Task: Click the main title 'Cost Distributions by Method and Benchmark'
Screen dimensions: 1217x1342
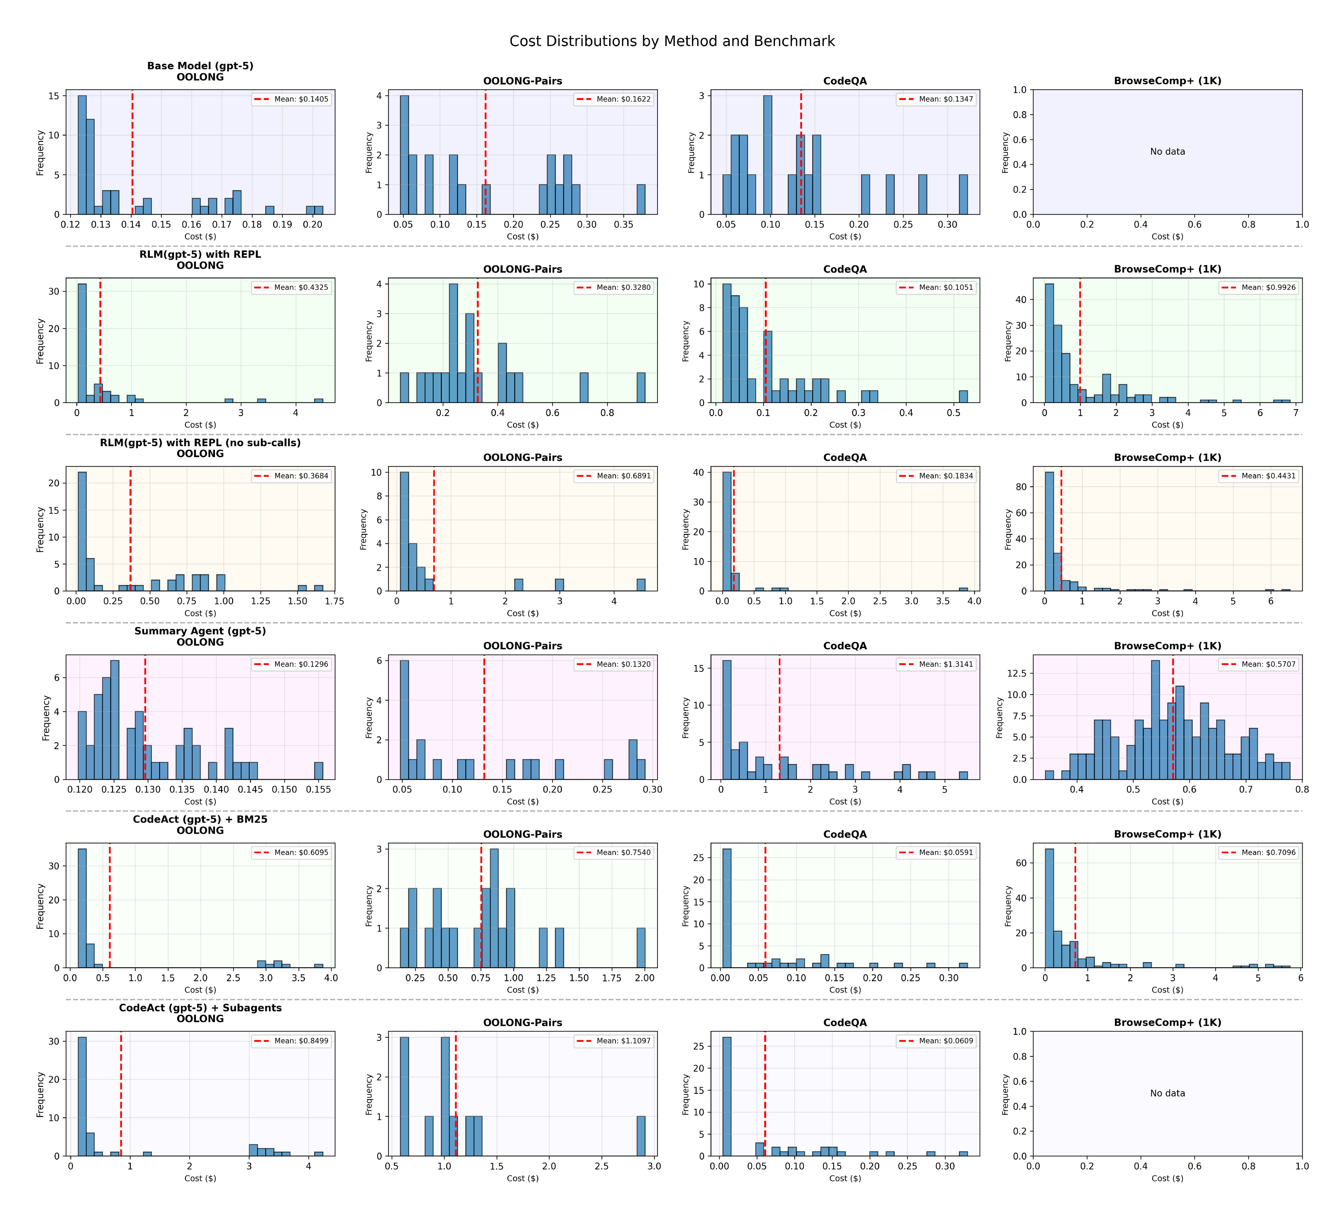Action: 672,41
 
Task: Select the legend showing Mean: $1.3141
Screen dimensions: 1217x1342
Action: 937,664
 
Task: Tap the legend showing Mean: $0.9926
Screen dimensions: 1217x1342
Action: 1259,287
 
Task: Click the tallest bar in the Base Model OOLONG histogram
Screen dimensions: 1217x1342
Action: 82,154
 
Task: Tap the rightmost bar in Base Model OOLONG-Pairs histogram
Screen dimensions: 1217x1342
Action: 640,200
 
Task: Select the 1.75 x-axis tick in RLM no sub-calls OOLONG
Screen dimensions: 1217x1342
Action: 334,601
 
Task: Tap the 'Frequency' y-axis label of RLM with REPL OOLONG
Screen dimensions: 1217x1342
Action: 40,341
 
